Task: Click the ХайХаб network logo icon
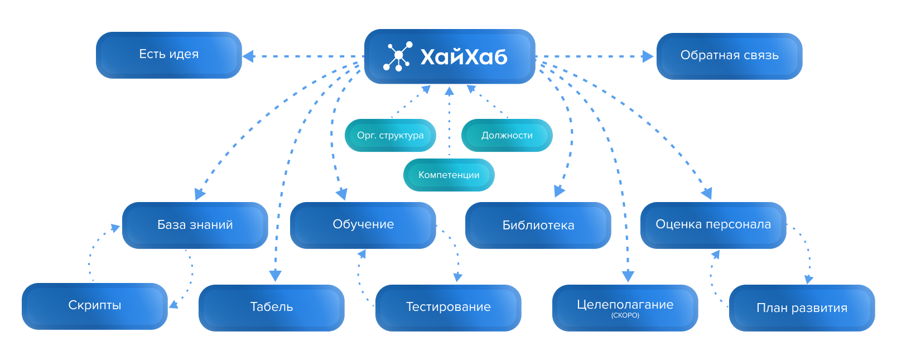(398, 56)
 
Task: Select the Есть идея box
(168, 55)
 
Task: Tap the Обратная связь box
(729, 56)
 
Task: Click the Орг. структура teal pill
(390, 135)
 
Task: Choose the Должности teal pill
(507, 135)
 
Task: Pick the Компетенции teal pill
(448, 175)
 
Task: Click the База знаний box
(195, 225)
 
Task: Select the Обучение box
(363, 224)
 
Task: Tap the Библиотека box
(538, 225)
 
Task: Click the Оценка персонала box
(713, 224)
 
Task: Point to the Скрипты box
(94, 305)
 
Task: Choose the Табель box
(271, 307)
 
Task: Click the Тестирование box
(448, 307)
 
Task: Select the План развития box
(802, 308)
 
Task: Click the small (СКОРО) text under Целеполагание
(625, 315)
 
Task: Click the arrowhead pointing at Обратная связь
(648, 56)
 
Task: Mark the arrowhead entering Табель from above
(275, 276)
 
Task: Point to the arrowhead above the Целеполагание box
(628, 276)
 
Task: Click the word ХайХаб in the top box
(464, 57)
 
